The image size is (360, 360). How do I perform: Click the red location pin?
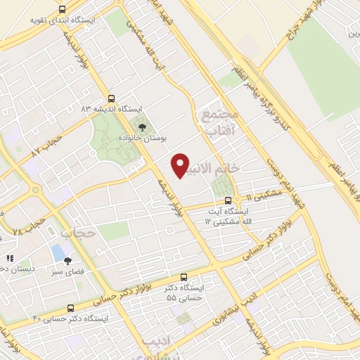pos(180,165)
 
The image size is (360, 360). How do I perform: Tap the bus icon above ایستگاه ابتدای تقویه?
pos(61,9)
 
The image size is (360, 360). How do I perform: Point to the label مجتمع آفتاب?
pos(220,120)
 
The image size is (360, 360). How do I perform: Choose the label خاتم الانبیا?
pos(225,169)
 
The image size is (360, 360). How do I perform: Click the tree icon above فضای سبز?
pos(67,259)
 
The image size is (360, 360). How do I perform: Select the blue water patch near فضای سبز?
pos(57,252)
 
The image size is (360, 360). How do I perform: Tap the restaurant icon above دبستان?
pos(9,259)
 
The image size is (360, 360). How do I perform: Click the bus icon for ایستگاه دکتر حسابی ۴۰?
pos(70,308)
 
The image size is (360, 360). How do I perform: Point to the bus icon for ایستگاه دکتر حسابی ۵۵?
pos(184,277)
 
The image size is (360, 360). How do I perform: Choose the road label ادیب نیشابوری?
pos(232,305)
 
